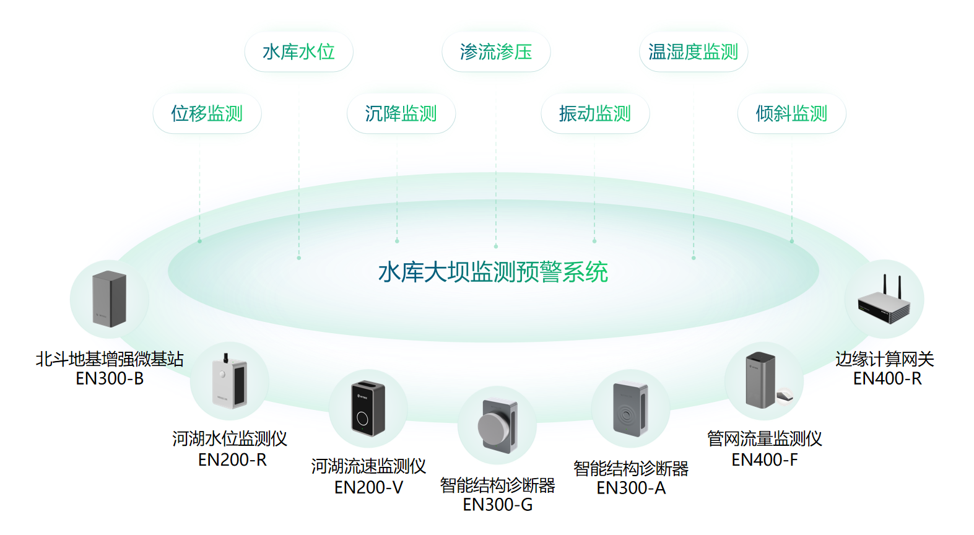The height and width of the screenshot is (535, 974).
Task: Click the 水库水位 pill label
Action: coord(298,52)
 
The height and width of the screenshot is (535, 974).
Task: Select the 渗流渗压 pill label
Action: coord(496,52)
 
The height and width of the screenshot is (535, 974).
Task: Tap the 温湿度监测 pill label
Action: coord(693,52)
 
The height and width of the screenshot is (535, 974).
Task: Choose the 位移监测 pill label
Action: coord(207,113)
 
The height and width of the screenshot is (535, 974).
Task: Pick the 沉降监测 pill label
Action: coord(401,113)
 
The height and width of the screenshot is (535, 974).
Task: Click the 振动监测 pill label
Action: coord(594,113)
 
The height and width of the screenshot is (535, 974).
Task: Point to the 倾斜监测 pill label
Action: coord(791,113)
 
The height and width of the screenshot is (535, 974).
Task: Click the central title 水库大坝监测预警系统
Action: coord(493,272)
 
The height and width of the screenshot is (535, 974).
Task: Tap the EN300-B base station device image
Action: coord(109,299)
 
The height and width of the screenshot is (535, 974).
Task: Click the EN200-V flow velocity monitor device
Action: coord(368,409)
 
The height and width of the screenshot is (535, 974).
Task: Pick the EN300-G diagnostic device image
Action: coord(497,425)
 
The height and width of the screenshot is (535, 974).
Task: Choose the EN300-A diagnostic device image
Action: coord(630,409)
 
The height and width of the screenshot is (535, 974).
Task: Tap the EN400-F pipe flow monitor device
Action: coord(763,381)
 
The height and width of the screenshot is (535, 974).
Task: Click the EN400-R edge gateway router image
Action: coord(884,300)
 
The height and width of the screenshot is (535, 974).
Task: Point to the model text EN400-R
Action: coord(887,378)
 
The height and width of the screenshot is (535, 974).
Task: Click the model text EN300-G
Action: coord(497,505)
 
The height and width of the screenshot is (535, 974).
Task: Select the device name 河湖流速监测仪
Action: coord(368,466)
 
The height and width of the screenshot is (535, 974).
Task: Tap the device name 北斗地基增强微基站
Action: coord(110,359)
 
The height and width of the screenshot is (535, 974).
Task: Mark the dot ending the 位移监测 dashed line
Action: coord(199,241)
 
